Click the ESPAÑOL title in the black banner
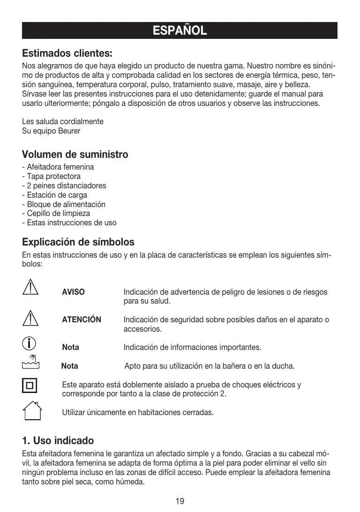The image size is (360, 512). [x=180, y=31]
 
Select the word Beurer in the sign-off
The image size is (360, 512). [x=69, y=131]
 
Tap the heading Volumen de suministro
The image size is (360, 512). [x=75, y=155]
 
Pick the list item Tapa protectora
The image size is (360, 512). [x=53, y=176]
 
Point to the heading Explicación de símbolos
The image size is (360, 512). [x=78, y=242]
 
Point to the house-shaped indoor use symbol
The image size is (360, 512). [x=31, y=411]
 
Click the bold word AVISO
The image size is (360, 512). [x=74, y=292]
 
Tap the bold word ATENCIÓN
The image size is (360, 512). [x=82, y=320]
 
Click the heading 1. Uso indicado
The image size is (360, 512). [x=58, y=441]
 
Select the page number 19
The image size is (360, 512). [x=180, y=501]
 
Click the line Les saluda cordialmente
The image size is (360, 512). [x=63, y=122]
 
